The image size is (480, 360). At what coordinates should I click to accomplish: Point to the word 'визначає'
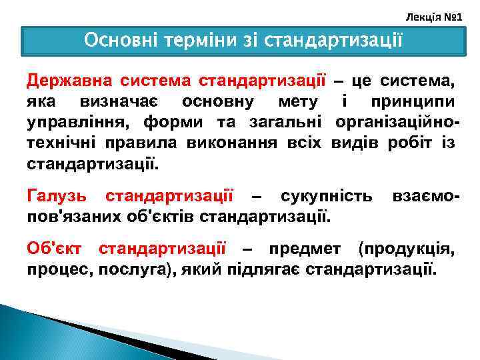pos(125,102)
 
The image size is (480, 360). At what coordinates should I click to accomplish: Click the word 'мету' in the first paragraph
pos(292,102)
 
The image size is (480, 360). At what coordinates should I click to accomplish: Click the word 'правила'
pos(131,143)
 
